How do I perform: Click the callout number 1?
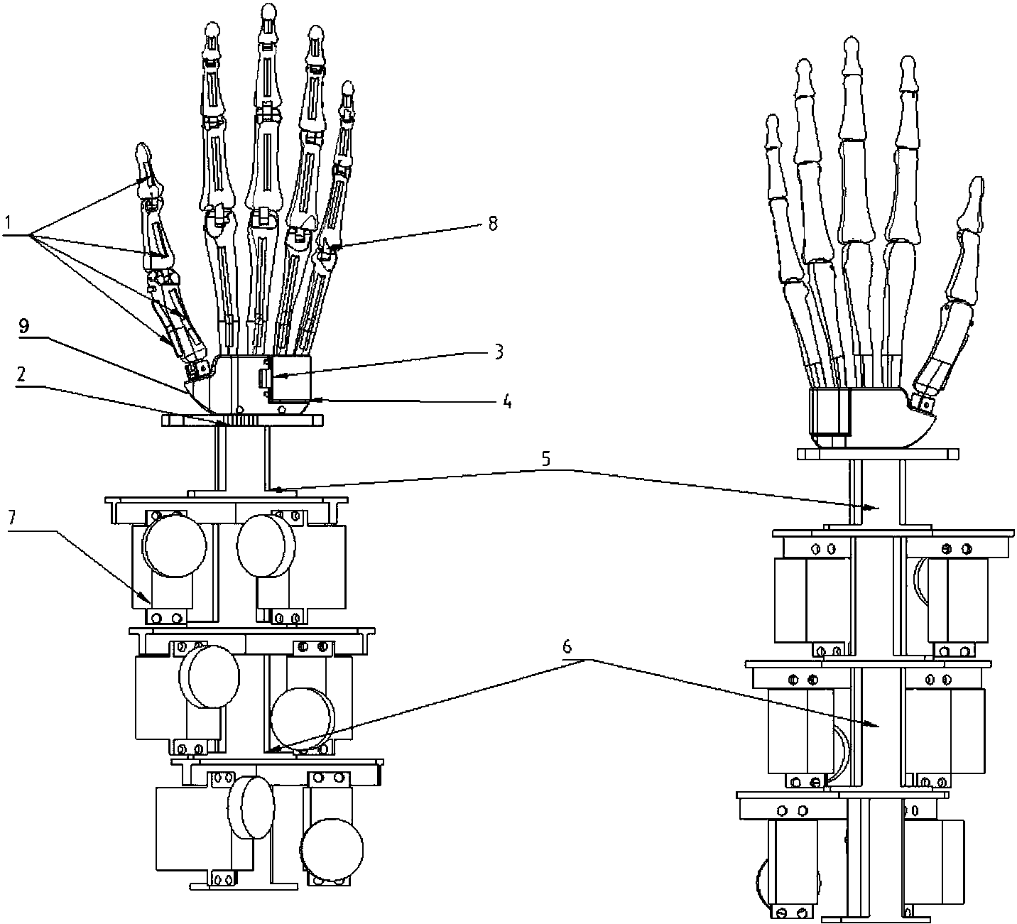point(8,222)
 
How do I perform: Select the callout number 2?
point(21,374)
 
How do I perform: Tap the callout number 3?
point(499,352)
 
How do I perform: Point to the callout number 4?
point(507,402)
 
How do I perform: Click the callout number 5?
point(545,459)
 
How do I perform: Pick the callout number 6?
point(567,646)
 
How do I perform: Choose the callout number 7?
point(11,518)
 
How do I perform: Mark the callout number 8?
point(492,223)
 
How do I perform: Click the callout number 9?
point(24,326)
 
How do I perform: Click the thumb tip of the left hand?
point(143,151)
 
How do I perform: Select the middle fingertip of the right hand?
point(852,45)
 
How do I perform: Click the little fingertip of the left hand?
point(348,87)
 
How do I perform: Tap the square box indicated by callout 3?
point(291,377)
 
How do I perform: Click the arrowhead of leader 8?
point(337,246)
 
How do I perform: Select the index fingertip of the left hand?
point(212,29)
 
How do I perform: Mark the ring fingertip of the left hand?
point(316,33)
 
